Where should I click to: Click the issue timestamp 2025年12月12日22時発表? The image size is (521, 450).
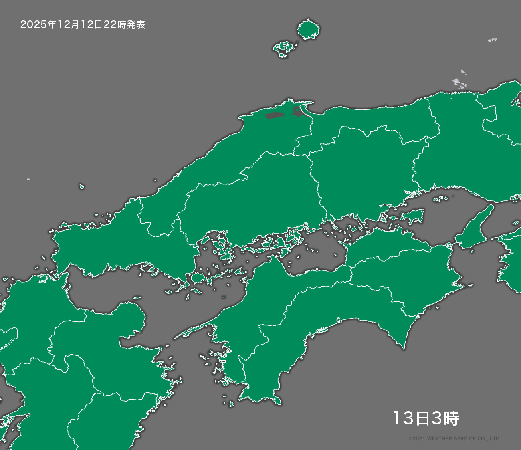pyautogui.click(x=83, y=25)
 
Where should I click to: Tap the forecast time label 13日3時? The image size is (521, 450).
pyautogui.click(x=425, y=418)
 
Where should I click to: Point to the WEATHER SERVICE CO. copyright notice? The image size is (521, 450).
pyautogui.click(x=454, y=439)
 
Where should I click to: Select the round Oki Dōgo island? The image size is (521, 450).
pyautogui.click(x=308, y=30)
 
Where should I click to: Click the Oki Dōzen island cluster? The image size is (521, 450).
pyautogui.click(x=285, y=48)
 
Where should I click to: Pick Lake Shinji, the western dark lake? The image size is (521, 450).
pyautogui.click(x=274, y=116)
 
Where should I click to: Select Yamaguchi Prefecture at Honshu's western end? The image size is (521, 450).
pyautogui.click(x=120, y=244)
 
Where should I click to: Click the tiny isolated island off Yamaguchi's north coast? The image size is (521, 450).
pyautogui.click(x=82, y=186)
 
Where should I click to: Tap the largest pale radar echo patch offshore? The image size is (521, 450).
pyautogui.click(x=459, y=83)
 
